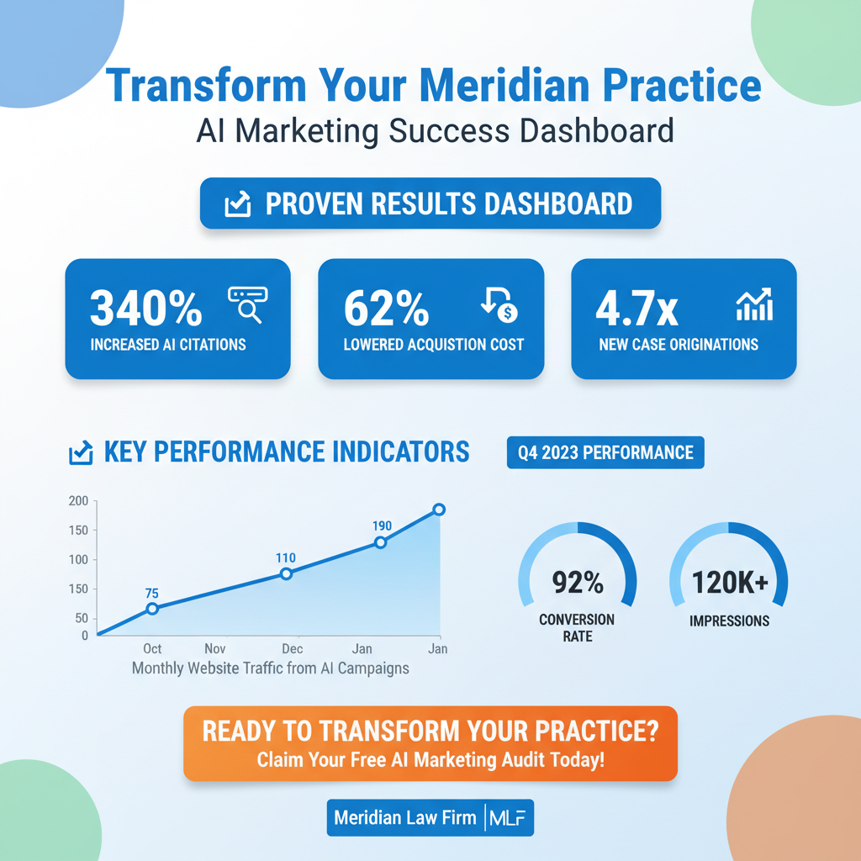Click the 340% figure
pos(145,309)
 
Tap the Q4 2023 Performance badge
pos(605,452)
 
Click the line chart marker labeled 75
pos(152,609)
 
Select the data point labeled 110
pos(286,573)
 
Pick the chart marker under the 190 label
pos(380,542)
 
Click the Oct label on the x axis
pos(152,649)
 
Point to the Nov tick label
pos(215,649)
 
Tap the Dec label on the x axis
pos(292,649)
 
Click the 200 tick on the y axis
pos(78,501)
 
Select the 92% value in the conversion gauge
pos(578,582)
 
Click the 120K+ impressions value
pos(729,582)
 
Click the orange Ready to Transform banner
pos(430,743)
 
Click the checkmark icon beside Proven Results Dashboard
pos(238,204)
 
